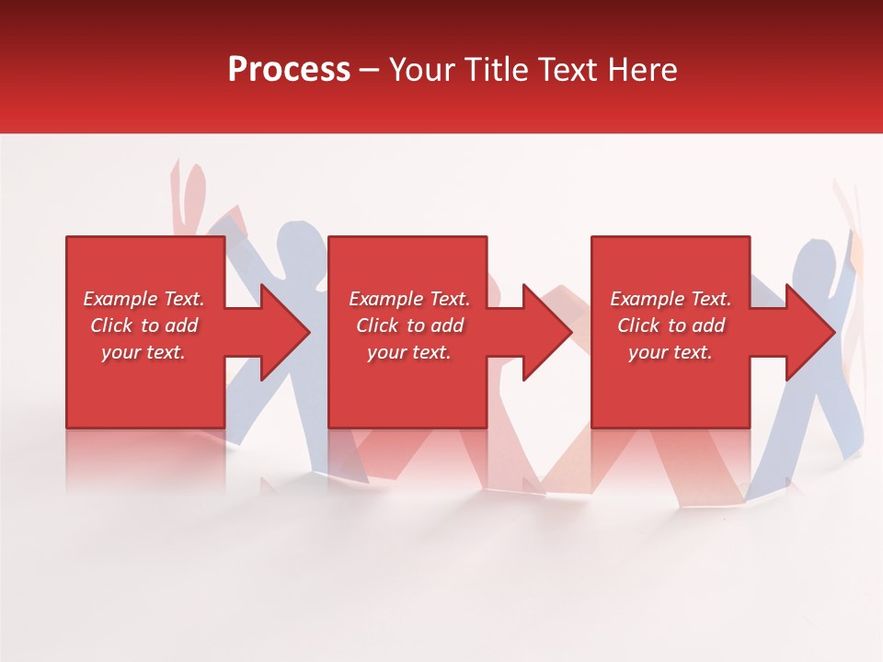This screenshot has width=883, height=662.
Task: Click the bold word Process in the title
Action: coord(289,69)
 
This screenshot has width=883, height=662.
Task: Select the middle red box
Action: coord(407,395)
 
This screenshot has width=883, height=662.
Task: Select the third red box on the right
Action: coord(671,395)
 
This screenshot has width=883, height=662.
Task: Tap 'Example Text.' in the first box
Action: coord(143,299)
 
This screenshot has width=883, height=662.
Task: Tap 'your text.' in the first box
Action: coord(143,352)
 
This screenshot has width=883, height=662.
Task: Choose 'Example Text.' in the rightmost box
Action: coord(671,299)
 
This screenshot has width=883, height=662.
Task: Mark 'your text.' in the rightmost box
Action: coord(671,352)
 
